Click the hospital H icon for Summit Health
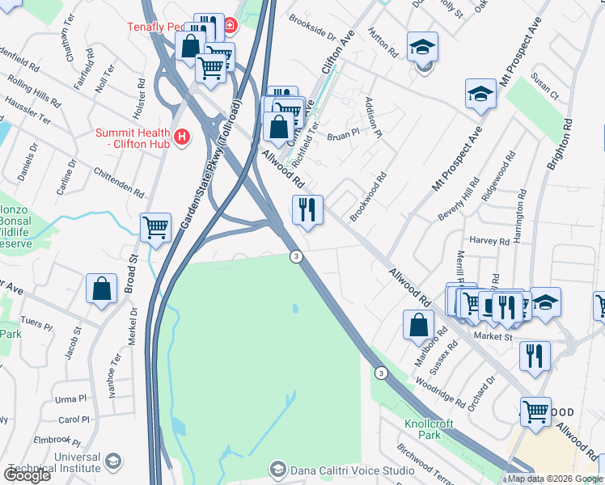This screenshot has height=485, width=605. point(182,136)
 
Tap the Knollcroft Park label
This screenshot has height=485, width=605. point(429,429)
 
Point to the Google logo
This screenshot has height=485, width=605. point(27,475)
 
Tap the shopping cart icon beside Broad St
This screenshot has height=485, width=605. point(155,227)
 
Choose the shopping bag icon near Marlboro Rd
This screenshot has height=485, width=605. point(418,325)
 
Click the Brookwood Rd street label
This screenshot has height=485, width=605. point(369,196)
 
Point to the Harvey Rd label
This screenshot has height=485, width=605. point(489,241)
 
